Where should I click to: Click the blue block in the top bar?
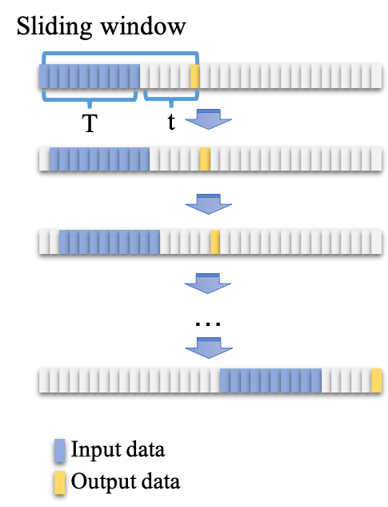(90, 76)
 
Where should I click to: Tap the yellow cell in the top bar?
(195, 76)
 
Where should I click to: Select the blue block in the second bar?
(99, 159)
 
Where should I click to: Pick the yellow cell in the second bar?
(205, 159)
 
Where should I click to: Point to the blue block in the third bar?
(110, 242)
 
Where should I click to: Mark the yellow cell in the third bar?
(215, 242)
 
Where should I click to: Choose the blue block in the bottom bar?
(270, 380)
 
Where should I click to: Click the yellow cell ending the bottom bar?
(376, 380)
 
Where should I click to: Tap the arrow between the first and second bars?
(208, 119)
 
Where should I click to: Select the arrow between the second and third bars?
(208, 203)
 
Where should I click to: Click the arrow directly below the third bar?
(208, 284)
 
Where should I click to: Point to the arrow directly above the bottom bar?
(208, 348)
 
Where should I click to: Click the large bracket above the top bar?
(120, 54)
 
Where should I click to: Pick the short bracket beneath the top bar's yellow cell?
(170, 99)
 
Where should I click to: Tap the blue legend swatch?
(60, 450)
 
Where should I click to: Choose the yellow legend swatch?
(60, 482)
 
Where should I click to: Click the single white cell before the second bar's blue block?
(44, 159)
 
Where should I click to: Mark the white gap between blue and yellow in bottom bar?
(346, 380)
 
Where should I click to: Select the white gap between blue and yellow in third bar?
(185, 242)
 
